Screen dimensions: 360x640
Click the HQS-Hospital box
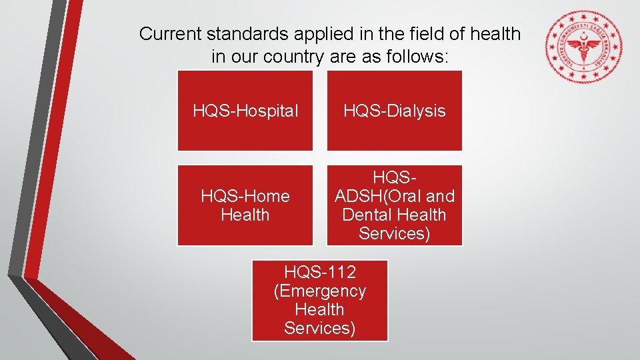[245, 111]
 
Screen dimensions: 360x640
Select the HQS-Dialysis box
[394, 111]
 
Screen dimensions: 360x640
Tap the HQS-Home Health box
[245, 205]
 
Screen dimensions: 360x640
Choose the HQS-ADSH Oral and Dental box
[394, 205]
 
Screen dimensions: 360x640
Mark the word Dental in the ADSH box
[366, 215]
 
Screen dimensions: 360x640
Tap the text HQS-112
[319, 272]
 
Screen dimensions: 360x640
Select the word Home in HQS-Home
[267, 196]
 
